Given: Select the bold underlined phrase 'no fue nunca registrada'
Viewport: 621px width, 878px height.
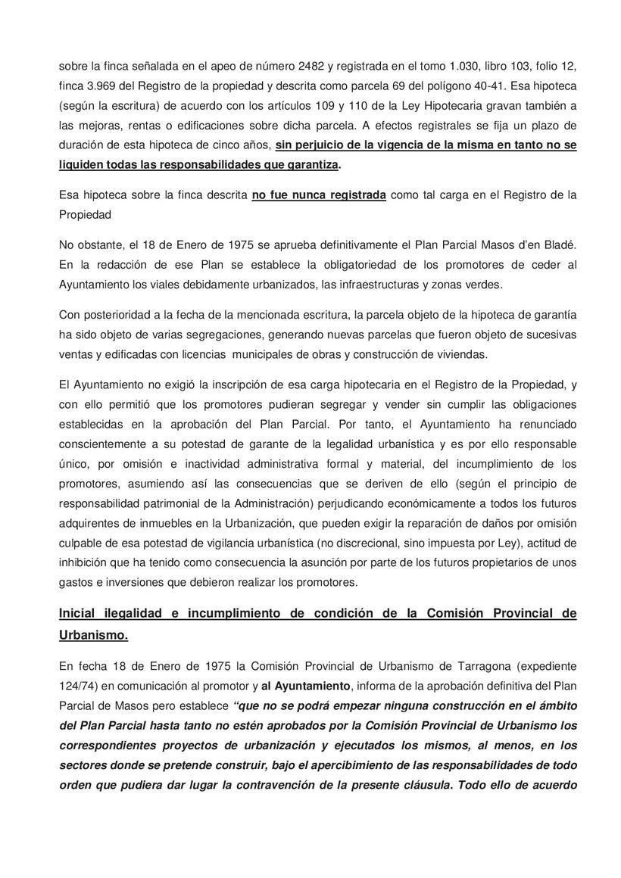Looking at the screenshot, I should pyautogui.click(x=319, y=195).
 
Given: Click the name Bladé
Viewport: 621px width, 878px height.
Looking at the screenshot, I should pyautogui.click(x=560, y=245).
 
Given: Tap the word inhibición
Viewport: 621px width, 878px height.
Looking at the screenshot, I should pyautogui.click(x=85, y=562).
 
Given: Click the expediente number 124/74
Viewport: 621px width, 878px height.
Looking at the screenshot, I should pyautogui.click(x=78, y=686).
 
